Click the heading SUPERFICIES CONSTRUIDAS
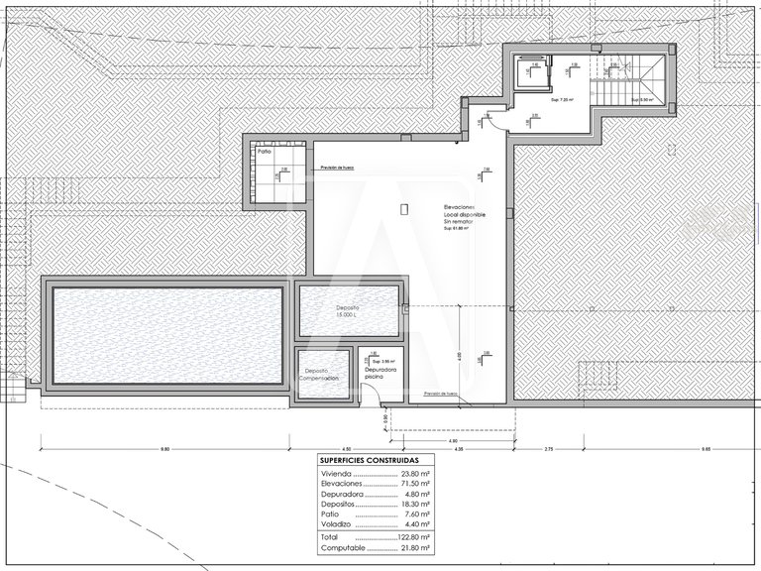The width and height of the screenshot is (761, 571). click(369, 461)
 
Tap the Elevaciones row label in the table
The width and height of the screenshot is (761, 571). click(340, 484)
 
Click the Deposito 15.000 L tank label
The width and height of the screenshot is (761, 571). click(347, 311)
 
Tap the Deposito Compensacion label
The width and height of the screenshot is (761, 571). click(321, 375)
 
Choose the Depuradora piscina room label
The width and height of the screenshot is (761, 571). click(380, 373)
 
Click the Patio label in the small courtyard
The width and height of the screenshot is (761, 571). click(265, 152)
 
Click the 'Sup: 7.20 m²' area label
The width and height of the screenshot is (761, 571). click(562, 100)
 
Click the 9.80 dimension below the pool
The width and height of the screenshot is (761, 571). click(164, 450)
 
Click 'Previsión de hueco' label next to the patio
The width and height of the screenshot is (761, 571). click(337, 169)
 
